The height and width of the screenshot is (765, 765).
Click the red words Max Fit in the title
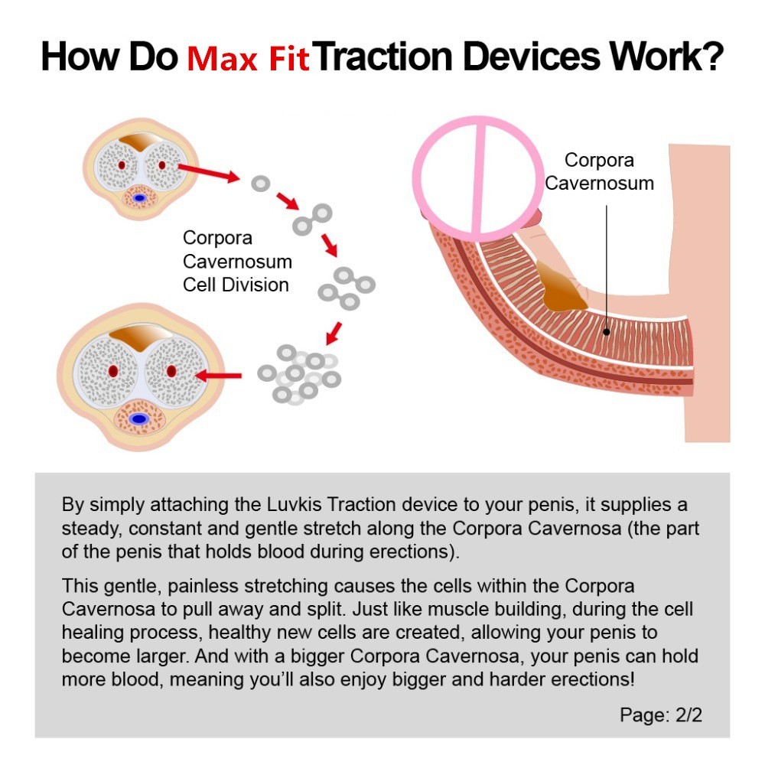tap(248, 58)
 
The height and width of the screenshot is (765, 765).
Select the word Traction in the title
tap(391, 57)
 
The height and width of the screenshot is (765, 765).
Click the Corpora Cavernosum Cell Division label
tap(236, 261)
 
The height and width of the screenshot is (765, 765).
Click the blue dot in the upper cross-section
tap(139, 197)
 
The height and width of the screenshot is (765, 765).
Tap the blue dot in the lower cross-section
tap(139, 418)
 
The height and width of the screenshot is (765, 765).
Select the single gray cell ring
tap(261, 184)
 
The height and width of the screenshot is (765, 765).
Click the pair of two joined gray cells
tap(312, 219)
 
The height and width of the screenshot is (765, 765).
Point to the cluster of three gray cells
tap(347, 287)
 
